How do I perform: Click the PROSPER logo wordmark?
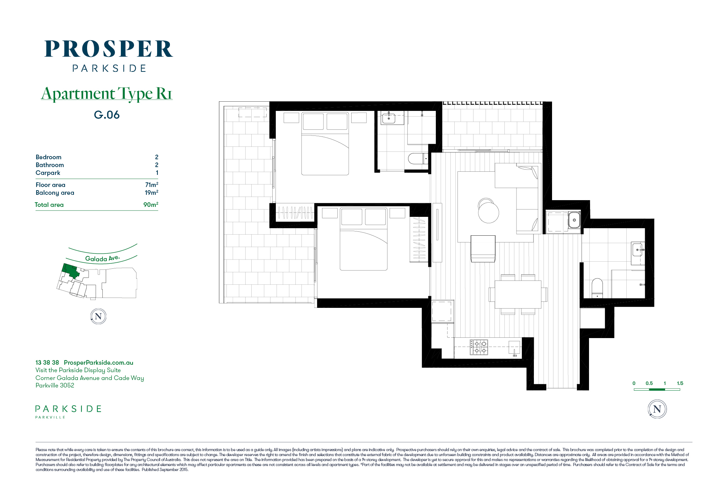tap(108, 49)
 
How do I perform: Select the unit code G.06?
tap(107, 115)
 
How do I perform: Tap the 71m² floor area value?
tap(151, 184)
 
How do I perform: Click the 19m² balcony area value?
tap(151, 192)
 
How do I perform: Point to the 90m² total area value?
tap(151, 204)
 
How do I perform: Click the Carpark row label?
tap(48, 173)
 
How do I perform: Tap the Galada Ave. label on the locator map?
tap(102, 258)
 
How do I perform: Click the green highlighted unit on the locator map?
tap(70, 271)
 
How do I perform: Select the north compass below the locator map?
tap(98, 316)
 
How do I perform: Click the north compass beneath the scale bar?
tap(657, 409)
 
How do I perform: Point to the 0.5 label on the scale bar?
tap(649, 383)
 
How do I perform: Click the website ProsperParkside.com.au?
tap(98, 363)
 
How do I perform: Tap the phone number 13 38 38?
tap(47, 363)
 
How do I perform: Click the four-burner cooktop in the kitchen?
tap(479, 347)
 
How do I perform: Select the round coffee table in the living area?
tap(488, 212)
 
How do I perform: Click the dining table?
tap(518, 294)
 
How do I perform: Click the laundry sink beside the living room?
tap(574, 220)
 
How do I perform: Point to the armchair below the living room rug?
tap(483, 248)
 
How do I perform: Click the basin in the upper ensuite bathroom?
tap(389, 118)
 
